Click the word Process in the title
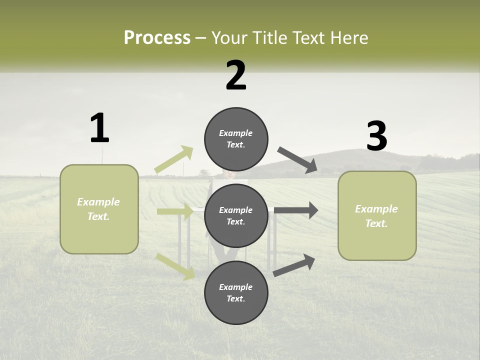coord(157,38)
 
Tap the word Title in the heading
coord(269,38)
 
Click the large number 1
coord(99,128)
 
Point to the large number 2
coord(236,75)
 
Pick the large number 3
coord(376,136)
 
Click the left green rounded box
coord(99,209)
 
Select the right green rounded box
coord(377,216)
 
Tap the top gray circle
coord(236,139)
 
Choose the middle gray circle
coord(236,215)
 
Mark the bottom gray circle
coord(236,292)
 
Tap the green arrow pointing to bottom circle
coord(175,266)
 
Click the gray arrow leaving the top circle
coord(297,160)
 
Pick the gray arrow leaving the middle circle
coord(295,210)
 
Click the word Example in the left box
coord(98,202)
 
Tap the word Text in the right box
coord(376,223)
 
